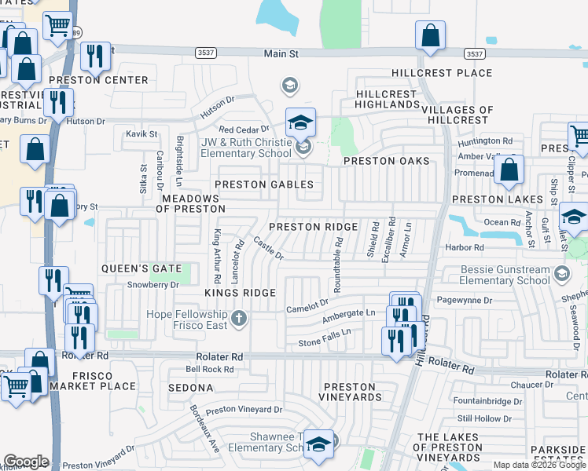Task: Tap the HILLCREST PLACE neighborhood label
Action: pyautogui.click(x=442, y=74)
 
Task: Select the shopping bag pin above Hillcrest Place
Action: pyautogui.click(x=430, y=35)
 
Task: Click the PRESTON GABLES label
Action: pyautogui.click(x=264, y=185)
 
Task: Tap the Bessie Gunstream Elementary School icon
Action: pyautogui.click(x=561, y=274)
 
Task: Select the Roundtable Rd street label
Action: pyautogui.click(x=337, y=266)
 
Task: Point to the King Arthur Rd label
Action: pyautogui.click(x=217, y=257)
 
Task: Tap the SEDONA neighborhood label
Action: pyautogui.click(x=190, y=388)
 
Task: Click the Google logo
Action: pyautogui.click(x=26, y=462)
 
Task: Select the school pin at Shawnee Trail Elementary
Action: pyautogui.click(x=318, y=445)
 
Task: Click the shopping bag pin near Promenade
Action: pyautogui.click(x=509, y=170)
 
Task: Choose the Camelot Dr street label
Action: pyautogui.click(x=307, y=306)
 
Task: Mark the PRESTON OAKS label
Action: pyautogui.click(x=387, y=161)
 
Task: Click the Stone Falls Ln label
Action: pyautogui.click(x=324, y=338)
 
